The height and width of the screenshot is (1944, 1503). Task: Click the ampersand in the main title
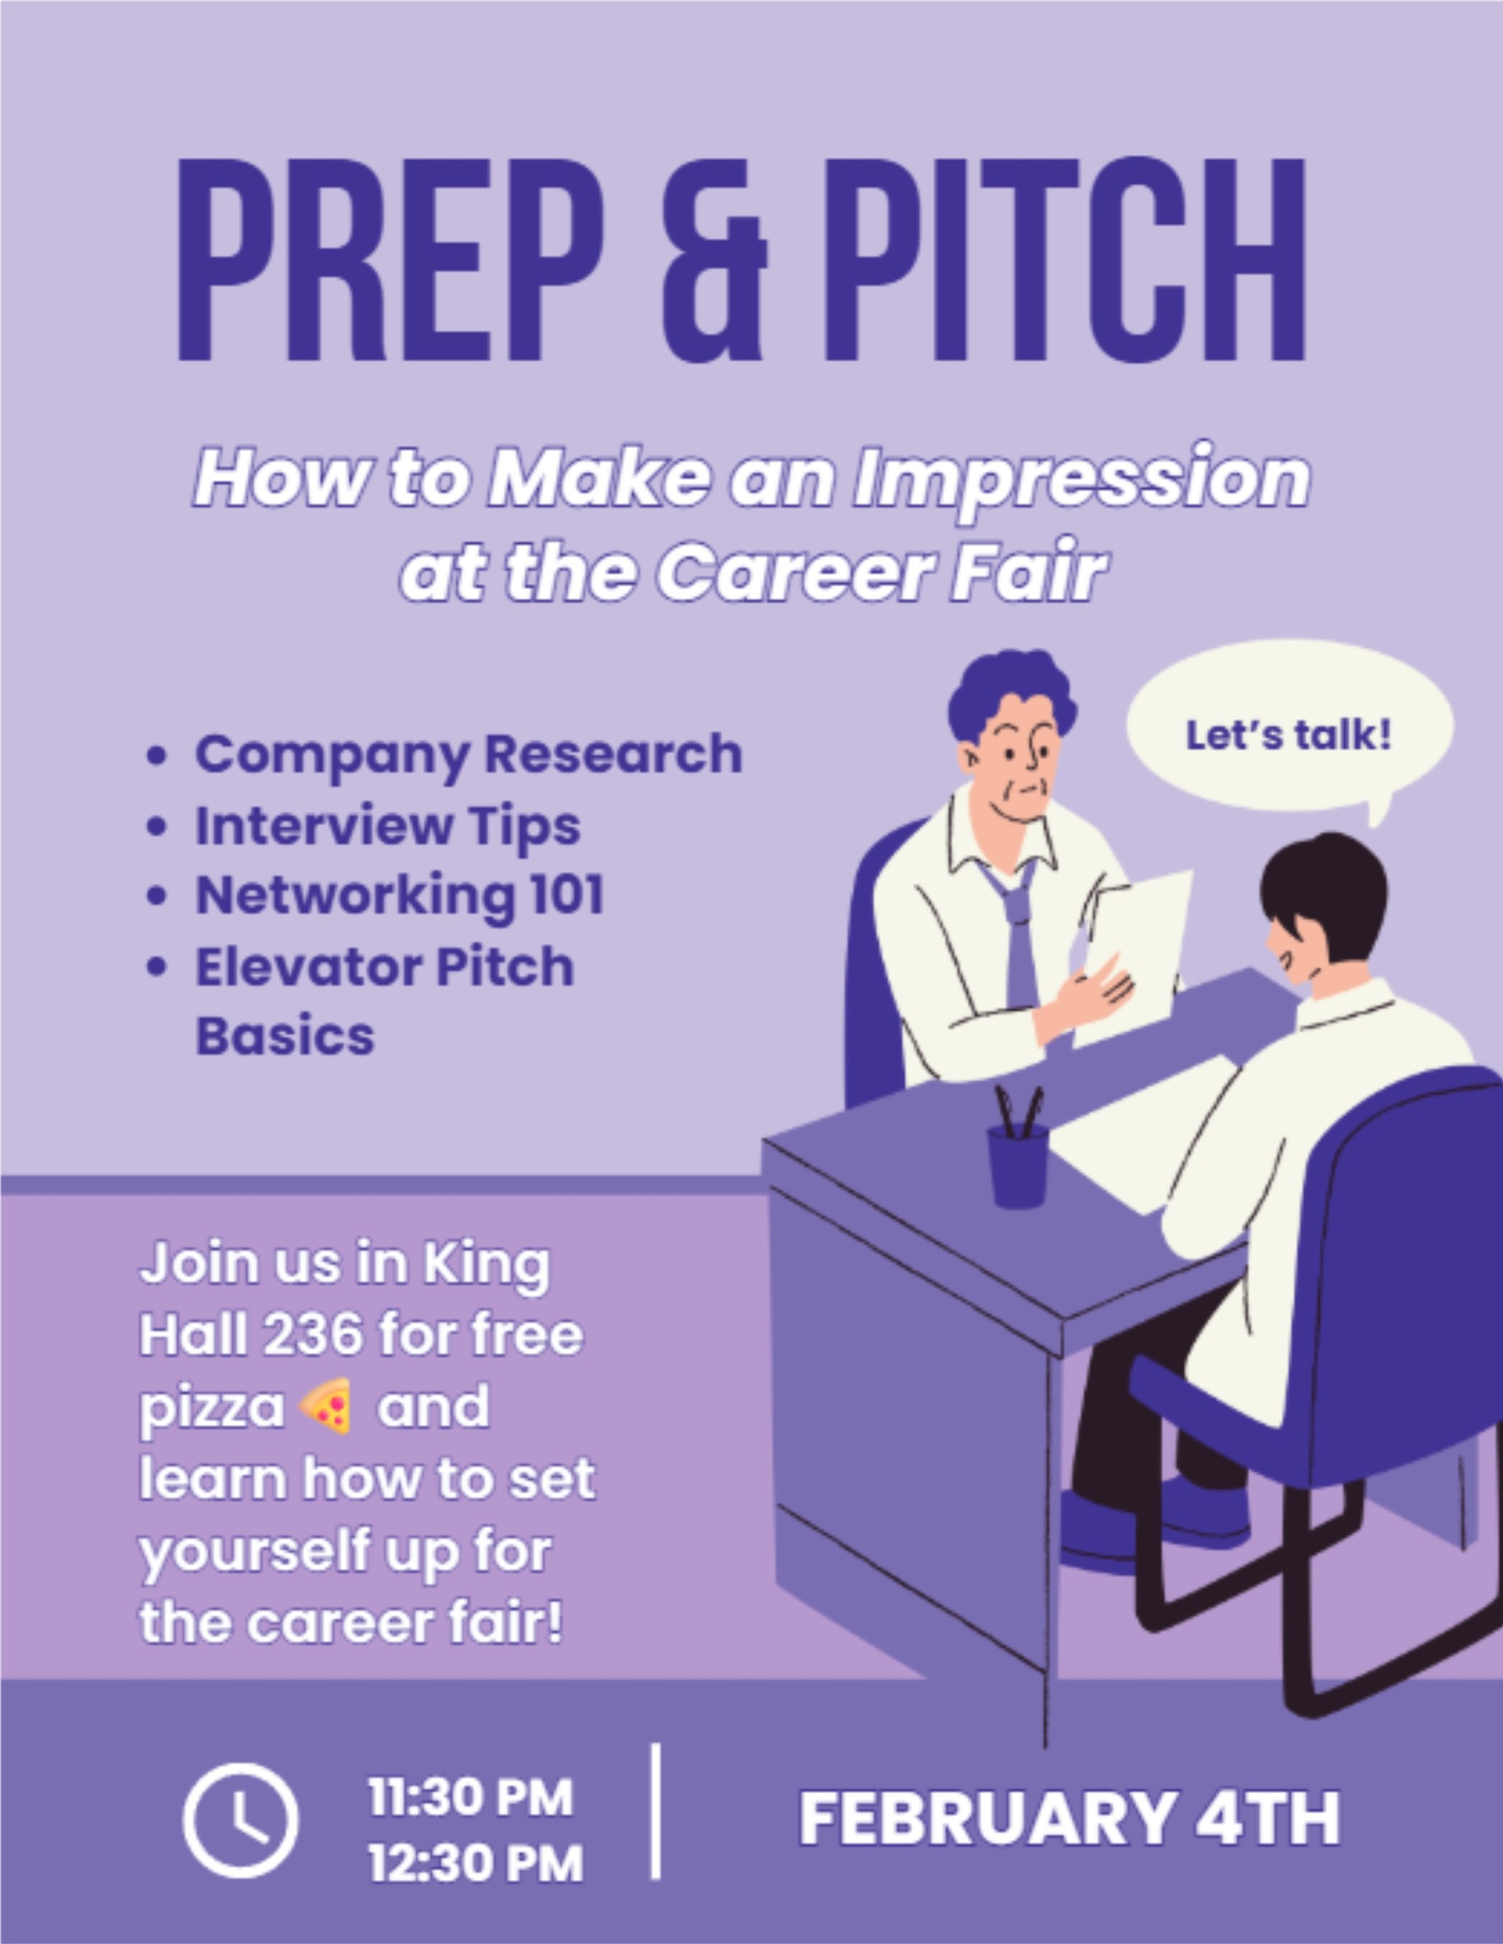pos(714,260)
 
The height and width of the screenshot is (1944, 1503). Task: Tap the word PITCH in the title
pos(1065,260)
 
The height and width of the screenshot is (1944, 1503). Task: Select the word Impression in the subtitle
pos(1081,479)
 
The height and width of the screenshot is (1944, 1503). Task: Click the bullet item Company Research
pos(468,754)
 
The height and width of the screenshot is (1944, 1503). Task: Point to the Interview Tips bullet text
pos(387,826)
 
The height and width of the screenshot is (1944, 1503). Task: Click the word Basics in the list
pos(285,1035)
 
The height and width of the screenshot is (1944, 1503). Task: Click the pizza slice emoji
pos(326,1406)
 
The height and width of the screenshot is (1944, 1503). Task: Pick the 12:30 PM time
pos(475,1863)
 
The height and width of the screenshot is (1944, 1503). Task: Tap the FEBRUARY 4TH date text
pos(1069,1820)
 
